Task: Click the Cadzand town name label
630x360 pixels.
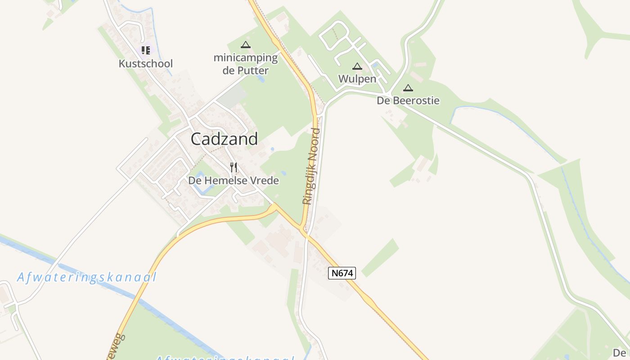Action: pyautogui.click(x=224, y=139)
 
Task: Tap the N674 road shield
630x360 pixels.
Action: pyautogui.click(x=342, y=273)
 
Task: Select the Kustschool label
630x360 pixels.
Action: pyautogui.click(x=145, y=64)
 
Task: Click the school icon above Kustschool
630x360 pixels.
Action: pyautogui.click(x=145, y=50)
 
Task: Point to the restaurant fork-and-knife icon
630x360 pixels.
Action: pyautogui.click(x=233, y=167)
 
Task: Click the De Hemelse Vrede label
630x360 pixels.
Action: pyautogui.click(x=233, y=181)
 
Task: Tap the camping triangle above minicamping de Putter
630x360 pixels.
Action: pyautogui.click(x=245, y=45)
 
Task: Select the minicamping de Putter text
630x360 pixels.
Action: pyautogui.click(x=246, y=64)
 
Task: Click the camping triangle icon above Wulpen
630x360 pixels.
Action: pyautogui.click(x=357, y=67)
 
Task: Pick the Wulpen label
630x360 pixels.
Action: pyautogui.click(x=357, y=79)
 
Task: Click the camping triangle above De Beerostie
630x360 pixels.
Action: pyautogui.click(x=408, y=88)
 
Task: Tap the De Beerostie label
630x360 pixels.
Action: pyautogui.click(x=408, y=101)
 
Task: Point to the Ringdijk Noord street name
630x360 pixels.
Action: pyautogui.click(x=311, y=166)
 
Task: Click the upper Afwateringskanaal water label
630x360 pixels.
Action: pyautogui.click(x=87, y=277)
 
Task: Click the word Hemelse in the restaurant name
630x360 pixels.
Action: pyautogui.click(x=227, y=181)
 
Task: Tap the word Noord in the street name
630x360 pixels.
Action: pyautogui.click(x=315, y=143)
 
